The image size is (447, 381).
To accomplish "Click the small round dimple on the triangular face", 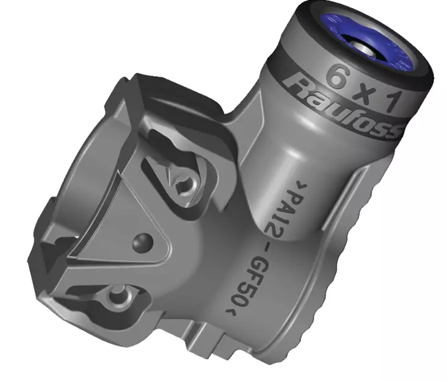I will click(x=142, y=241).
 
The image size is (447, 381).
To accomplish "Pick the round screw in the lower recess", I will click(x=115, y=298).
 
